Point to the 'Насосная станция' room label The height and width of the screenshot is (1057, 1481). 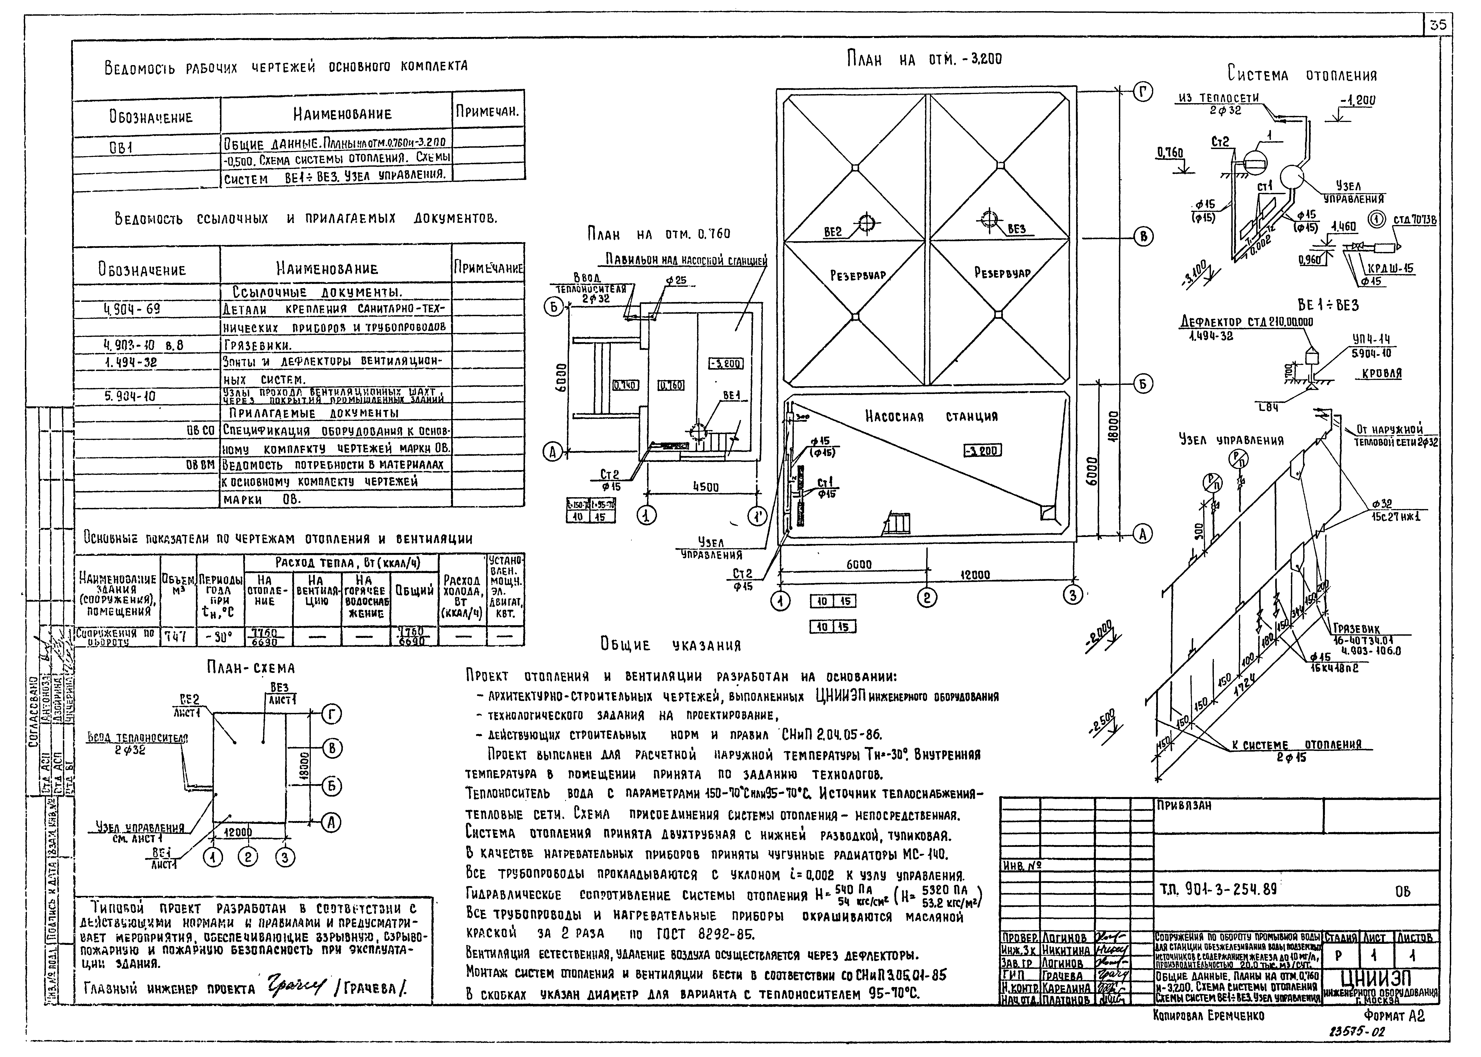tap(931, 417)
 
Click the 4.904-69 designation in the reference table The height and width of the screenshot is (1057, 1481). tap(132, 309)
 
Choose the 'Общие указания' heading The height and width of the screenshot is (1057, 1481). tap(671, 645)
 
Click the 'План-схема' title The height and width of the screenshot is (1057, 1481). tap(251, 668)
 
